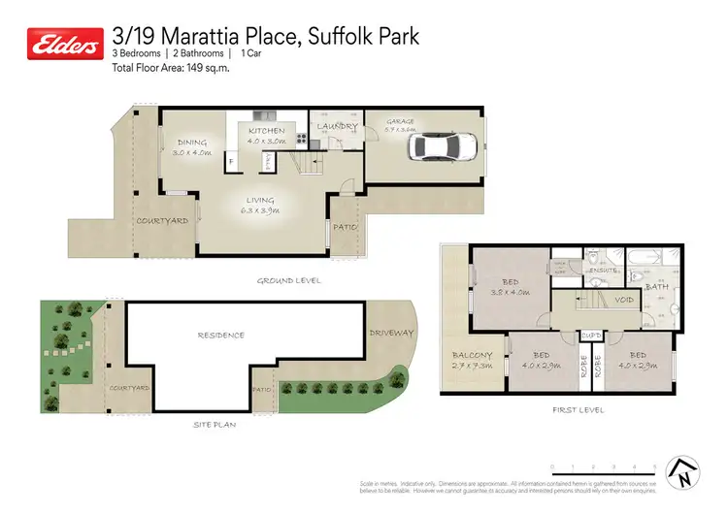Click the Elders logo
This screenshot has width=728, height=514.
(64, 45)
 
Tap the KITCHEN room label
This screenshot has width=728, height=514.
(267, 131)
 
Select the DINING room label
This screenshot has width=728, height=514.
(192, 143)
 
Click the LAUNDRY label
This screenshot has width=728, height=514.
(337, 126)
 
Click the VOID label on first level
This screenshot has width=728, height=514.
(625, 300)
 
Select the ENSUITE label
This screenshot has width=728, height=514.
(602, 270)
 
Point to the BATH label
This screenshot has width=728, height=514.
(657, 286)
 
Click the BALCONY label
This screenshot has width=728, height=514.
(473, 355)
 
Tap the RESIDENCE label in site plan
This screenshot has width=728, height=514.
(221, 336)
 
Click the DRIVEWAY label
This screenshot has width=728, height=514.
(391, 333)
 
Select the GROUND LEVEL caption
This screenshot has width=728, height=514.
(288, 281)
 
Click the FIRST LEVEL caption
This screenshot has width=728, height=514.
(579, 410)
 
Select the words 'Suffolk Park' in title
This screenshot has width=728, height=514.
(364, 37)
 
